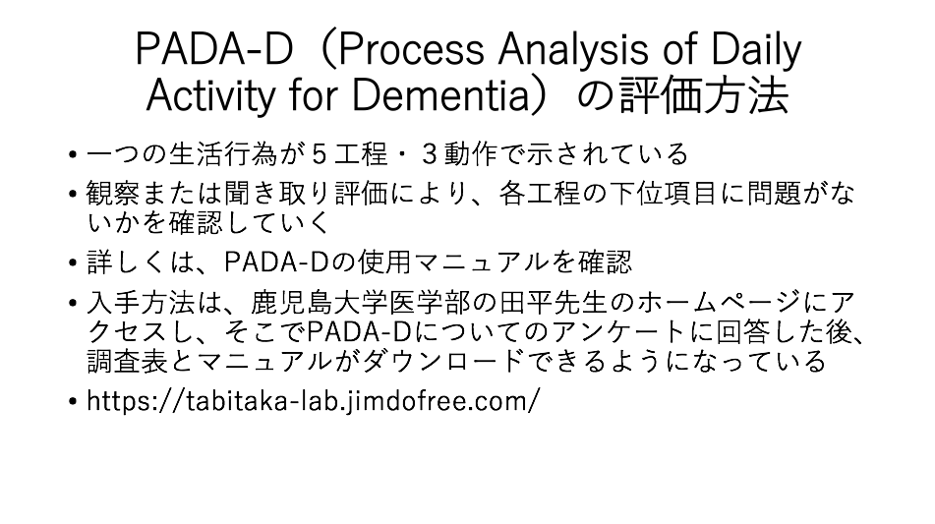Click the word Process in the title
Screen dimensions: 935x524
(411, 49)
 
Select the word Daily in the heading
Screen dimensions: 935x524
(756, 50)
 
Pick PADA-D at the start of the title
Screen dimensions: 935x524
(214, 49)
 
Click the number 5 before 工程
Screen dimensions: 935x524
(319, 154)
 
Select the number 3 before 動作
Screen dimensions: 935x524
(430, 154)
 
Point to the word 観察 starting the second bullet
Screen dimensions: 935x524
(113, 193)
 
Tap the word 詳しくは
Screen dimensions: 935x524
(141, 262)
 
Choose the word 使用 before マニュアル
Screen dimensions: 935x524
(384, 262)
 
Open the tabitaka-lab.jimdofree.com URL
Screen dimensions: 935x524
(313, 400)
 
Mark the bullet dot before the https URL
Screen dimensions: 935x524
(73, 402)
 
